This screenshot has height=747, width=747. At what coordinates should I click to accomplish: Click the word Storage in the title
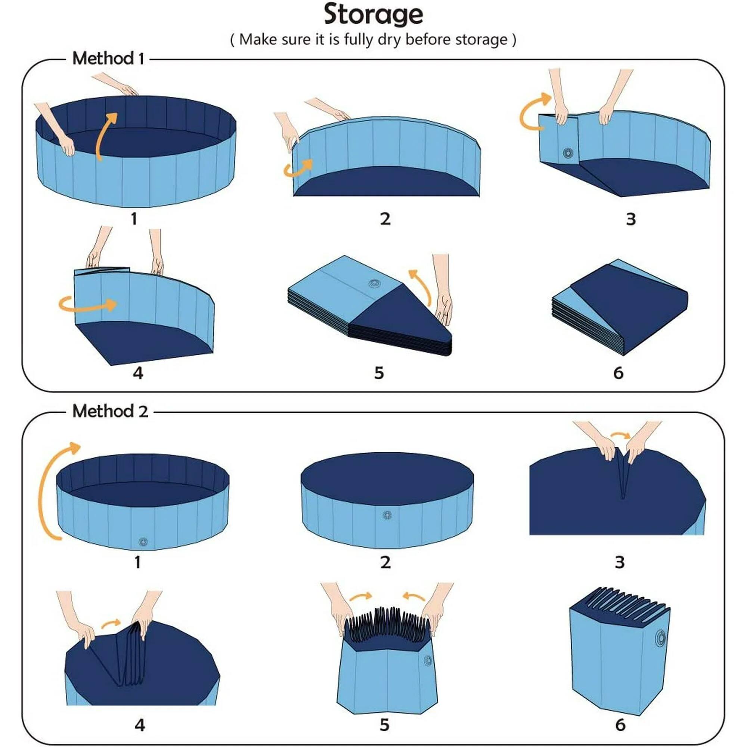[373, 15]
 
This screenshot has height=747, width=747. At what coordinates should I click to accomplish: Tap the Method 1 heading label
[108, 59]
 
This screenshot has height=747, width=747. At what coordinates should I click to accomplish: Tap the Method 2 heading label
[110, 411]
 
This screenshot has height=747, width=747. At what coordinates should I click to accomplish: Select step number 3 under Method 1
[630, 219]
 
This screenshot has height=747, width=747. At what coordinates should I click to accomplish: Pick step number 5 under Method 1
[379, 373]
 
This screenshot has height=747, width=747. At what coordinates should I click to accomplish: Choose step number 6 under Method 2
[620, 725]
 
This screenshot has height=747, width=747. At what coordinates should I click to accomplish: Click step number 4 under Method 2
[140, 725]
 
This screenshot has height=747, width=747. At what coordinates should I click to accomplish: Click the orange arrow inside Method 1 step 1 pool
[105, 135]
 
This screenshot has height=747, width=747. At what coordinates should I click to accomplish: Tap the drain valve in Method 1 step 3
[568, 152]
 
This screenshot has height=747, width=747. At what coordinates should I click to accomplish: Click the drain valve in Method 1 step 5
[374, 283]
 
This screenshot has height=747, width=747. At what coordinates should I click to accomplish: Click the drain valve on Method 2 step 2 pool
[387, 515]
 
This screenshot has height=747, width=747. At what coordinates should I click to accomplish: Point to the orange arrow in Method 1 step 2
[298, 168]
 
